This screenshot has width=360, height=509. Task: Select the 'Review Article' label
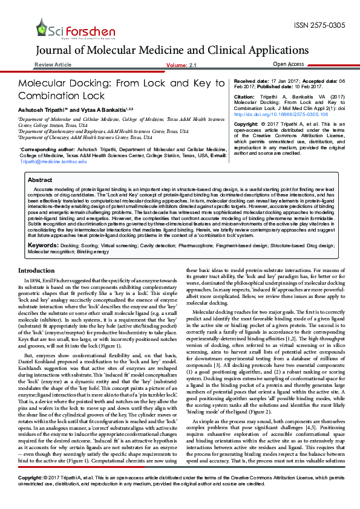click(53, 64)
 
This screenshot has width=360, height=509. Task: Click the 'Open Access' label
click(289, 64)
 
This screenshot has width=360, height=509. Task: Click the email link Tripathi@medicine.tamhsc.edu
click(53, 161)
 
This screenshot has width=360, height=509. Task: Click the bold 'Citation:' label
click(244, 97)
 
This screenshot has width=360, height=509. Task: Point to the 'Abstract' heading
click(40, 180)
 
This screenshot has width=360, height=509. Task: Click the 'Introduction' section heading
click(36, 270)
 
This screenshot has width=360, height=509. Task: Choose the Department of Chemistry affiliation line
click(85, 137)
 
